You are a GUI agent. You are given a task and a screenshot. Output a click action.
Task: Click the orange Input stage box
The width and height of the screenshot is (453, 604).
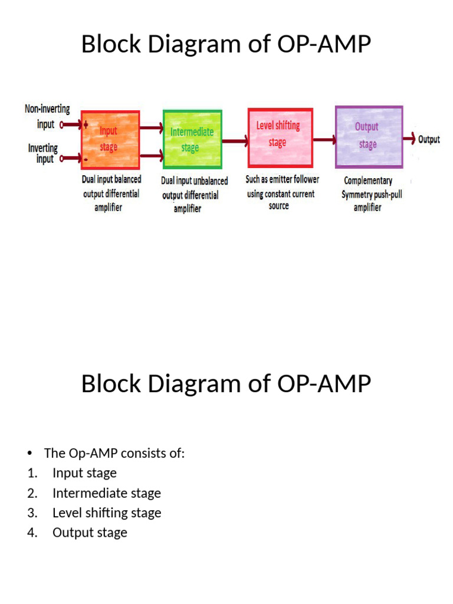pos(110,140)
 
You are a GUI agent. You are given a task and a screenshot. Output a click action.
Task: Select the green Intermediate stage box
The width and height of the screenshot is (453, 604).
pos(192,139)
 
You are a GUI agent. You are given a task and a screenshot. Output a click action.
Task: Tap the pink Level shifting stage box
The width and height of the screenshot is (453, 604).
pos(280,138)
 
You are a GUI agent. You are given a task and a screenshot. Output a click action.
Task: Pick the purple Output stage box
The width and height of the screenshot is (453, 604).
pos(369,137)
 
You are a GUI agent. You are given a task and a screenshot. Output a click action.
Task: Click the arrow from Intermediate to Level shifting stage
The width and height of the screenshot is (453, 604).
pos(235,142)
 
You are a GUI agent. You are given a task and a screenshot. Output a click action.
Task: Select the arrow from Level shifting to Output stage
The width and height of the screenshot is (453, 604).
pos(324,140)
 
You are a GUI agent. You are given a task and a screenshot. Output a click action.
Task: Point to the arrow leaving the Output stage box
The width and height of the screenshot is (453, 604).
pos(409,138)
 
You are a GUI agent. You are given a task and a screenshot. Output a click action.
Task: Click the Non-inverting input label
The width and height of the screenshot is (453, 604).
pos(47,116)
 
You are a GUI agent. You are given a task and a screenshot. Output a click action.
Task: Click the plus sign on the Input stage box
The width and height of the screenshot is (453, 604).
pos(86,124)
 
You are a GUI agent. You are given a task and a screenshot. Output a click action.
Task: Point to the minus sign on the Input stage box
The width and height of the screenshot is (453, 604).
pos(86,159)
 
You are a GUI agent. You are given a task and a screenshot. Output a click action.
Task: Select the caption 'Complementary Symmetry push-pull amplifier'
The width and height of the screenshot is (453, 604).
pos(371,193)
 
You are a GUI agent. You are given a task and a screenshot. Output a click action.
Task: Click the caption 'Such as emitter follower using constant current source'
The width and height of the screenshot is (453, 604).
pos(282,192)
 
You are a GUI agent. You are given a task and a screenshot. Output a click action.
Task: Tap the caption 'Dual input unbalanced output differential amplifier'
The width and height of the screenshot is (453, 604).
pos(194,195)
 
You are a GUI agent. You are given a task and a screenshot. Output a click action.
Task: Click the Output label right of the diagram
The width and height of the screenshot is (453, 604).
pos(429,139)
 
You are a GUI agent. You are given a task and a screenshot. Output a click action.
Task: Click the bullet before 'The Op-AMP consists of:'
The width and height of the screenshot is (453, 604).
pos(29,454)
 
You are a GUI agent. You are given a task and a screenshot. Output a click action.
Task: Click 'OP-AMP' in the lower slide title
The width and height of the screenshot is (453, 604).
pos(324,383)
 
